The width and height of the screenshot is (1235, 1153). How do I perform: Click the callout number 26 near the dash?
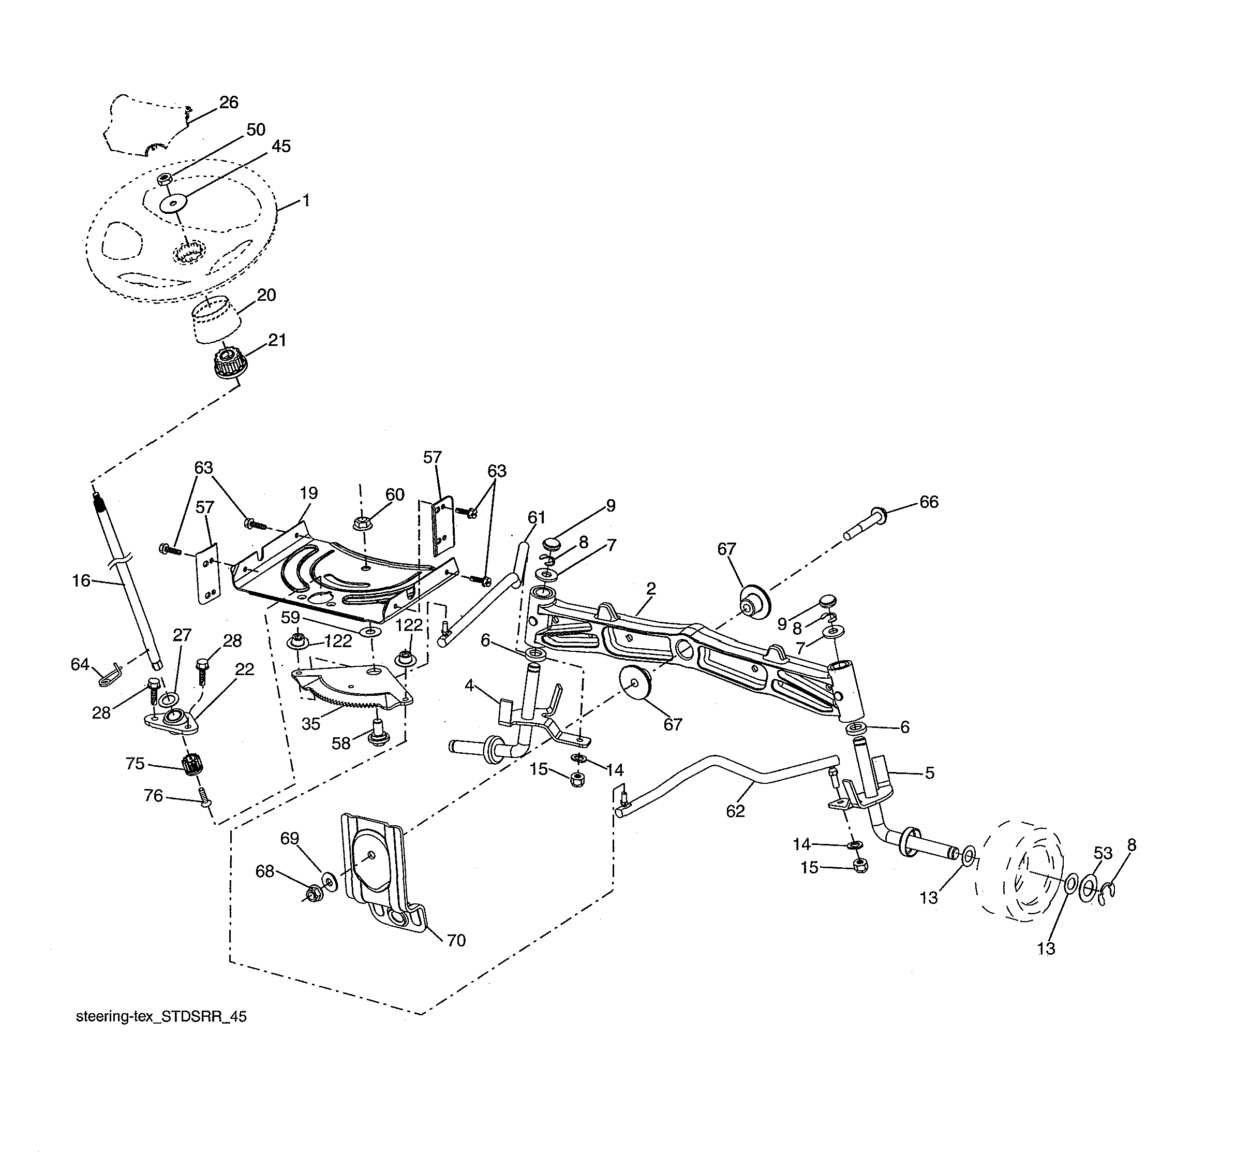point(229,102)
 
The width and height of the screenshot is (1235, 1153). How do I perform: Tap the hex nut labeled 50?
point(164,180)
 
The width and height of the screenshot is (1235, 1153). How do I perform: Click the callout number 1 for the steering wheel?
point(306,200)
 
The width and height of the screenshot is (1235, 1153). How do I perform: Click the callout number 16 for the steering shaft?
point(81,580)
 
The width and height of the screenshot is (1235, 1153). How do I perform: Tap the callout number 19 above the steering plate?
point(308,493)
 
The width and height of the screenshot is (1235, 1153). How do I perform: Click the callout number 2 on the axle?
point(651,588)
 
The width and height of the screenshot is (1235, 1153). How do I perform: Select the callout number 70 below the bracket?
point(456,940)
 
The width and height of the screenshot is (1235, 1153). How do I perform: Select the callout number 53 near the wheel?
point(1103,853)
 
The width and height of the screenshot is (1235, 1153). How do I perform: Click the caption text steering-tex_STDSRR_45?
point(161,1016)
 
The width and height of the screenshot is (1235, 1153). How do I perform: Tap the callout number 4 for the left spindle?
point(469,685)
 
